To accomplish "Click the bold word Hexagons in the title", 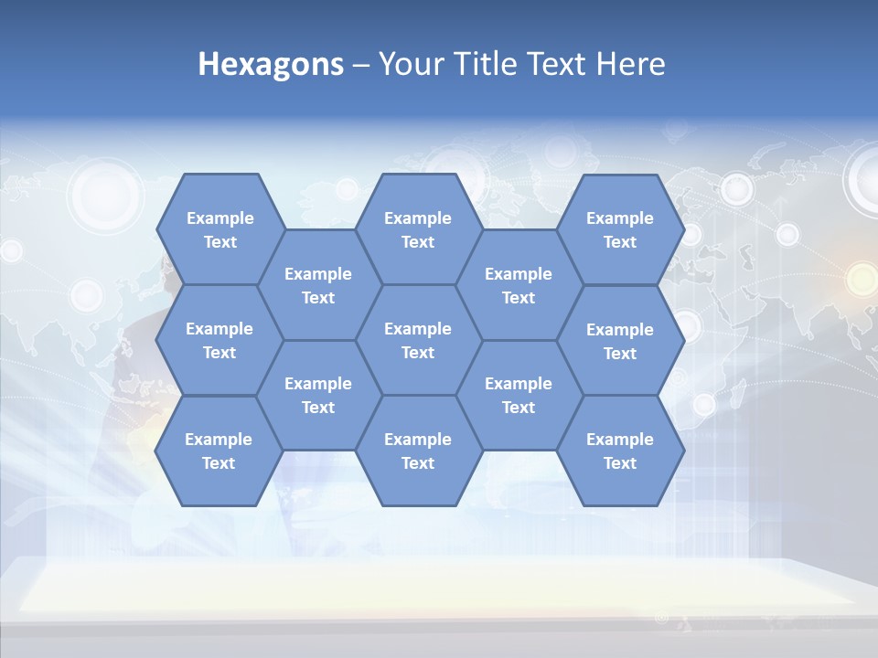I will coord(271,64).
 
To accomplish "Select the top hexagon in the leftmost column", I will coord(219,229).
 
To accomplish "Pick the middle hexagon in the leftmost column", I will coord(219,340).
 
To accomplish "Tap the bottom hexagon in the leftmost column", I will coord(219,451).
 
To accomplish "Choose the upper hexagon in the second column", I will coord(318,285).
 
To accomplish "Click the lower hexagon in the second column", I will coord(318,395).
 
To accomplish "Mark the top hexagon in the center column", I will coord(418,229).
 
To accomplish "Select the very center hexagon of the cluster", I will coord(418,340).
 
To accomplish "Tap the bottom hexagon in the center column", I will coord(418,451).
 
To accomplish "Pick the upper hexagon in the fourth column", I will coord(519,285).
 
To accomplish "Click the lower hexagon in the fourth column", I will coord(519,395).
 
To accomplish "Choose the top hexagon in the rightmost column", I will coord(620,229).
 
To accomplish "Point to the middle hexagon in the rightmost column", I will coord(620,341).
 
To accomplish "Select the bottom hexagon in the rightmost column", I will coord(620,451).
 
